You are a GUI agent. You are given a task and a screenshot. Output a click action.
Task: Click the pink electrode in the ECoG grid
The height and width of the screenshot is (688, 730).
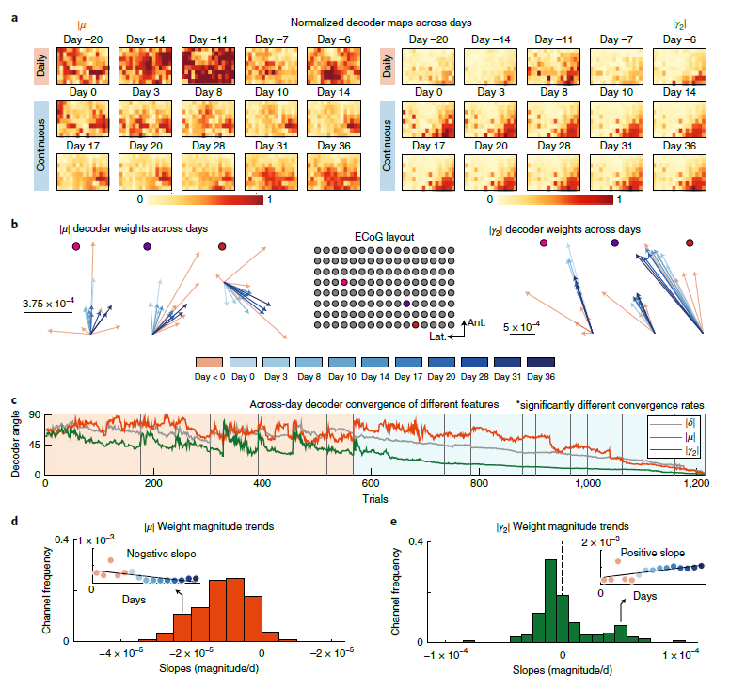345,282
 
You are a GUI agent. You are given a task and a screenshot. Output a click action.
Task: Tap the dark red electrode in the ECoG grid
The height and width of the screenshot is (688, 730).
417,325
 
